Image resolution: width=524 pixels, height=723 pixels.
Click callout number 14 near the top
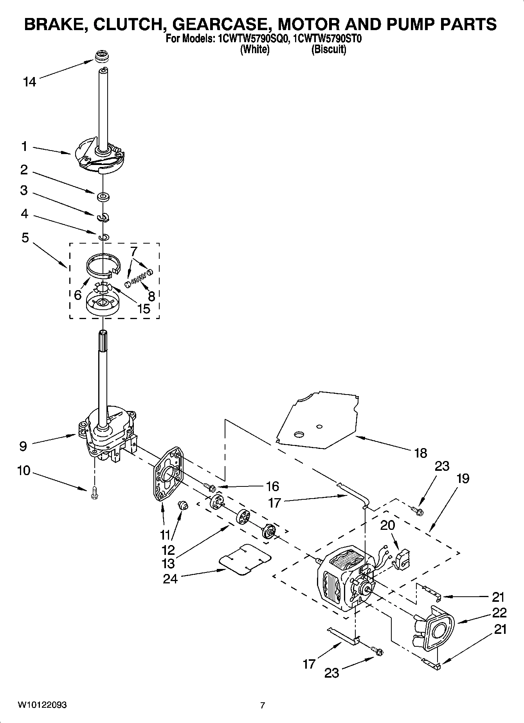tap(29, 82)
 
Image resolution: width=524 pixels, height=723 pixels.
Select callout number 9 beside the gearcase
tap(23, 446)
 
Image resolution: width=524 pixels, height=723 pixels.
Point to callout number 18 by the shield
tap(421, 453)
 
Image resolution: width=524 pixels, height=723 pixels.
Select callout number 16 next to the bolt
tap(272, 486)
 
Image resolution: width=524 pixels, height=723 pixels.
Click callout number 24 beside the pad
tap(170, 579)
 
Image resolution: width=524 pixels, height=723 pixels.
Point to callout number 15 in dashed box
tap(144, 309)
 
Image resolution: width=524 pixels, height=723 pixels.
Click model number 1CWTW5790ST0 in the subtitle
tap(329, 39)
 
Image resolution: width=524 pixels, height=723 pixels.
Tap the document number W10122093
tap(42, 705)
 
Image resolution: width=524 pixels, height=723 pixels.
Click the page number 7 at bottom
tap(263, 705)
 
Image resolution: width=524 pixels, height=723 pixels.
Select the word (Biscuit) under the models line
tap(329, 50)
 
